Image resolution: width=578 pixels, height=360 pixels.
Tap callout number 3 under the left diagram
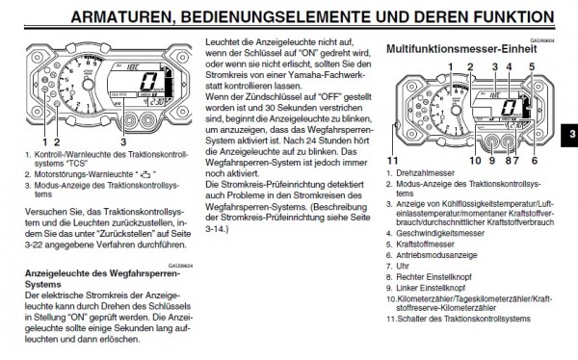(x=122, y=141)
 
